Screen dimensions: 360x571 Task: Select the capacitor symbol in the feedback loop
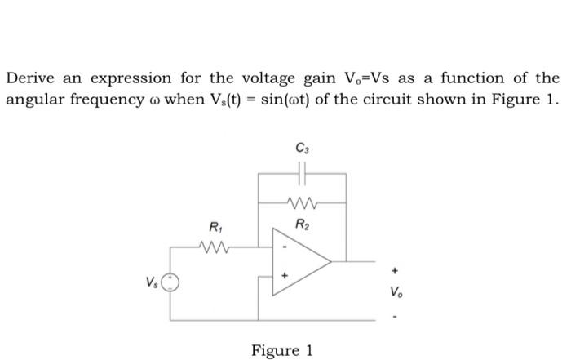coord(303,174)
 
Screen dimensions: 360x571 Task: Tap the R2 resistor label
coord(302,223)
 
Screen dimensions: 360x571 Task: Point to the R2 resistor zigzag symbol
coord(302,202)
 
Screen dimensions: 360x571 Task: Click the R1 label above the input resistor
coord(216,226)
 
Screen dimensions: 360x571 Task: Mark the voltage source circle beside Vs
coord(170,282)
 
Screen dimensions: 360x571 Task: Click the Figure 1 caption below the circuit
coord(282,350)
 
